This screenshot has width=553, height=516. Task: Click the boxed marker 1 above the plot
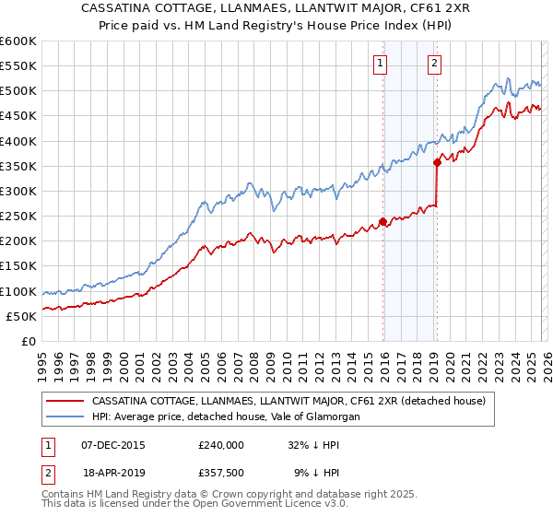coord(381,64)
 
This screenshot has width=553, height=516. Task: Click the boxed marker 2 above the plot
coord(434,64)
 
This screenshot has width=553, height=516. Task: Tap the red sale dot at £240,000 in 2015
coord(382,221)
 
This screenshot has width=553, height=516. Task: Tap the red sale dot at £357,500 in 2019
coord(437,162)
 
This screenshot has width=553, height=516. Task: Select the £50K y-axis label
coord(21,316)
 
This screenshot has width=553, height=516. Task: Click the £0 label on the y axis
coord(28,341)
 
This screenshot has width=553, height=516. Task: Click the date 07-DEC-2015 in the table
coord(113,444)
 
